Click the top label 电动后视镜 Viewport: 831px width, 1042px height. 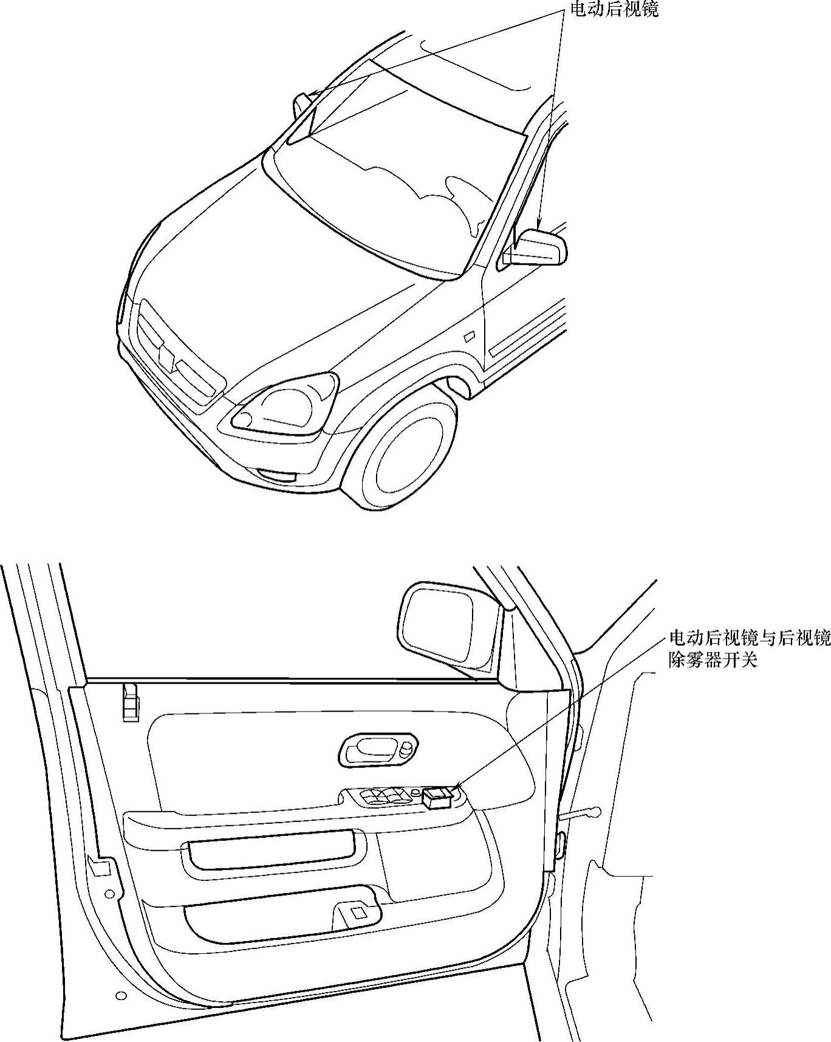614,9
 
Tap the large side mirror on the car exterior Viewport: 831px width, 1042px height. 538,249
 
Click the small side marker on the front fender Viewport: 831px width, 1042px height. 470,336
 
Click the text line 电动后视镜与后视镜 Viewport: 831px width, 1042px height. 749,638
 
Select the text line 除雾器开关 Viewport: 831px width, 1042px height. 713,660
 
